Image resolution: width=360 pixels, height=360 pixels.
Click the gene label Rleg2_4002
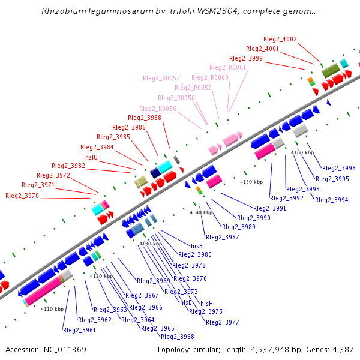coord(280,39)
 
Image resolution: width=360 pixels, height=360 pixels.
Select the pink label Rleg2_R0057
coord(161,79)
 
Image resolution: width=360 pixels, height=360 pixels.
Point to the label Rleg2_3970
coord(22,196)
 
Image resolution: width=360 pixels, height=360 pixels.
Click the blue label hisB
coord(197,246)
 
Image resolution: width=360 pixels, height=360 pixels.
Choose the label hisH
coord(206,304)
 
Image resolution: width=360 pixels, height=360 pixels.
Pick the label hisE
coord(186,302)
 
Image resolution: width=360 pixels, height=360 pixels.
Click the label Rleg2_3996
coord(339,169)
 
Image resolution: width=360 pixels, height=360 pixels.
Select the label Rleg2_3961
coord(79,330)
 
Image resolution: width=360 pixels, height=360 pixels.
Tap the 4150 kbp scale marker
coord(251,182)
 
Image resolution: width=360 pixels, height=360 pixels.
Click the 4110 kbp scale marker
coord(52,309)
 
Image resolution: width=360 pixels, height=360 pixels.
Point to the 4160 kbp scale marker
coord(302,153)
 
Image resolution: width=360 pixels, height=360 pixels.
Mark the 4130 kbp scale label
coord(151,244)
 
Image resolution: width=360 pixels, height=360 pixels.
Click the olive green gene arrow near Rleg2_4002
coord(330,72)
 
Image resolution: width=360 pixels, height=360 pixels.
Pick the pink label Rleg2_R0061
coord(229,68)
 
